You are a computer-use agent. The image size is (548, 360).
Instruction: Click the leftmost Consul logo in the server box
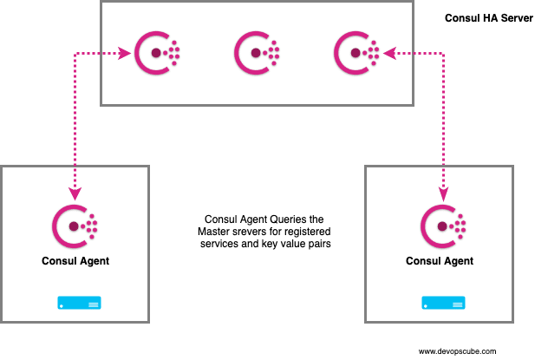pos(158,54)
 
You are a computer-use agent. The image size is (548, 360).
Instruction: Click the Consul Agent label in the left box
pos(75,259)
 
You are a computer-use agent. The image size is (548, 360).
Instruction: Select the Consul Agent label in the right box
pos(441,260)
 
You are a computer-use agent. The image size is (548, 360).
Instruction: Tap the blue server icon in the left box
pos(79,304)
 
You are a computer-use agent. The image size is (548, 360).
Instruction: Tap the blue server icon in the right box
pos(443,304)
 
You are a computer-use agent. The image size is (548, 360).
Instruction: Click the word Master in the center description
pos(217,232)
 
